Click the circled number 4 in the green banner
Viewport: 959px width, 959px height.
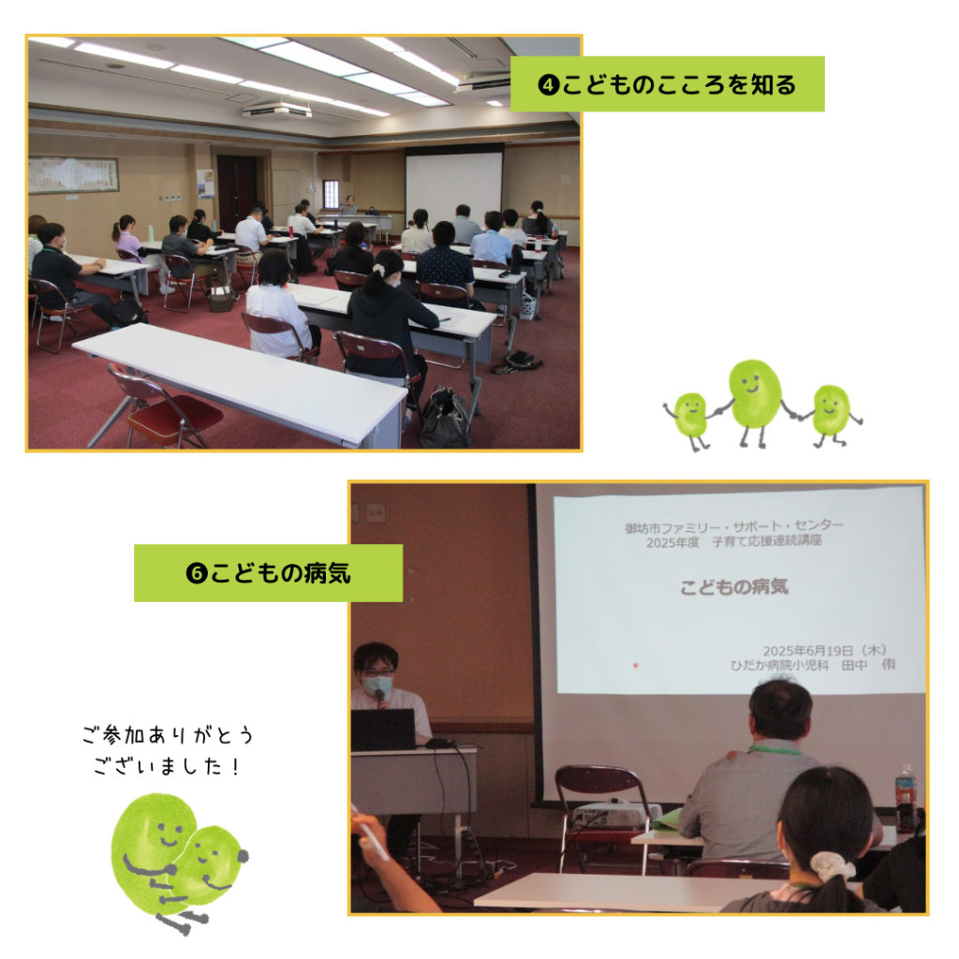click(x=548, y=84)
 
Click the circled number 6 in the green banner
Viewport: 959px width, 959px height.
click(x=197, y=574)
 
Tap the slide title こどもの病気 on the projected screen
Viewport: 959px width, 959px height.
click(x=734, y=587)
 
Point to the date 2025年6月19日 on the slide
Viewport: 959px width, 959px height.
click(x=807, y=650)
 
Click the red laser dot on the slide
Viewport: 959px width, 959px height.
click(x=636, y=666)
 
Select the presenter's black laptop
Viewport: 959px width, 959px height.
click(x=383, y=729)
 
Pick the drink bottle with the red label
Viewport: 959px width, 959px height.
click(x=906, y=798)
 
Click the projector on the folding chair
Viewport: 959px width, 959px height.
click(x=614, y=814)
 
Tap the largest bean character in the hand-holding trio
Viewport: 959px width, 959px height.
click(x=755, y=394)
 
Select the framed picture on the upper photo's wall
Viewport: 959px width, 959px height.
click(x=73, y=175)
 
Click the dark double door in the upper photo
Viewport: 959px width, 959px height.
click(x=237, y=191)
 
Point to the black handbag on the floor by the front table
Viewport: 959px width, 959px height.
click(x=445, y=419)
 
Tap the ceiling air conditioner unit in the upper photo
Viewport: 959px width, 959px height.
click(x=277, y=111)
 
